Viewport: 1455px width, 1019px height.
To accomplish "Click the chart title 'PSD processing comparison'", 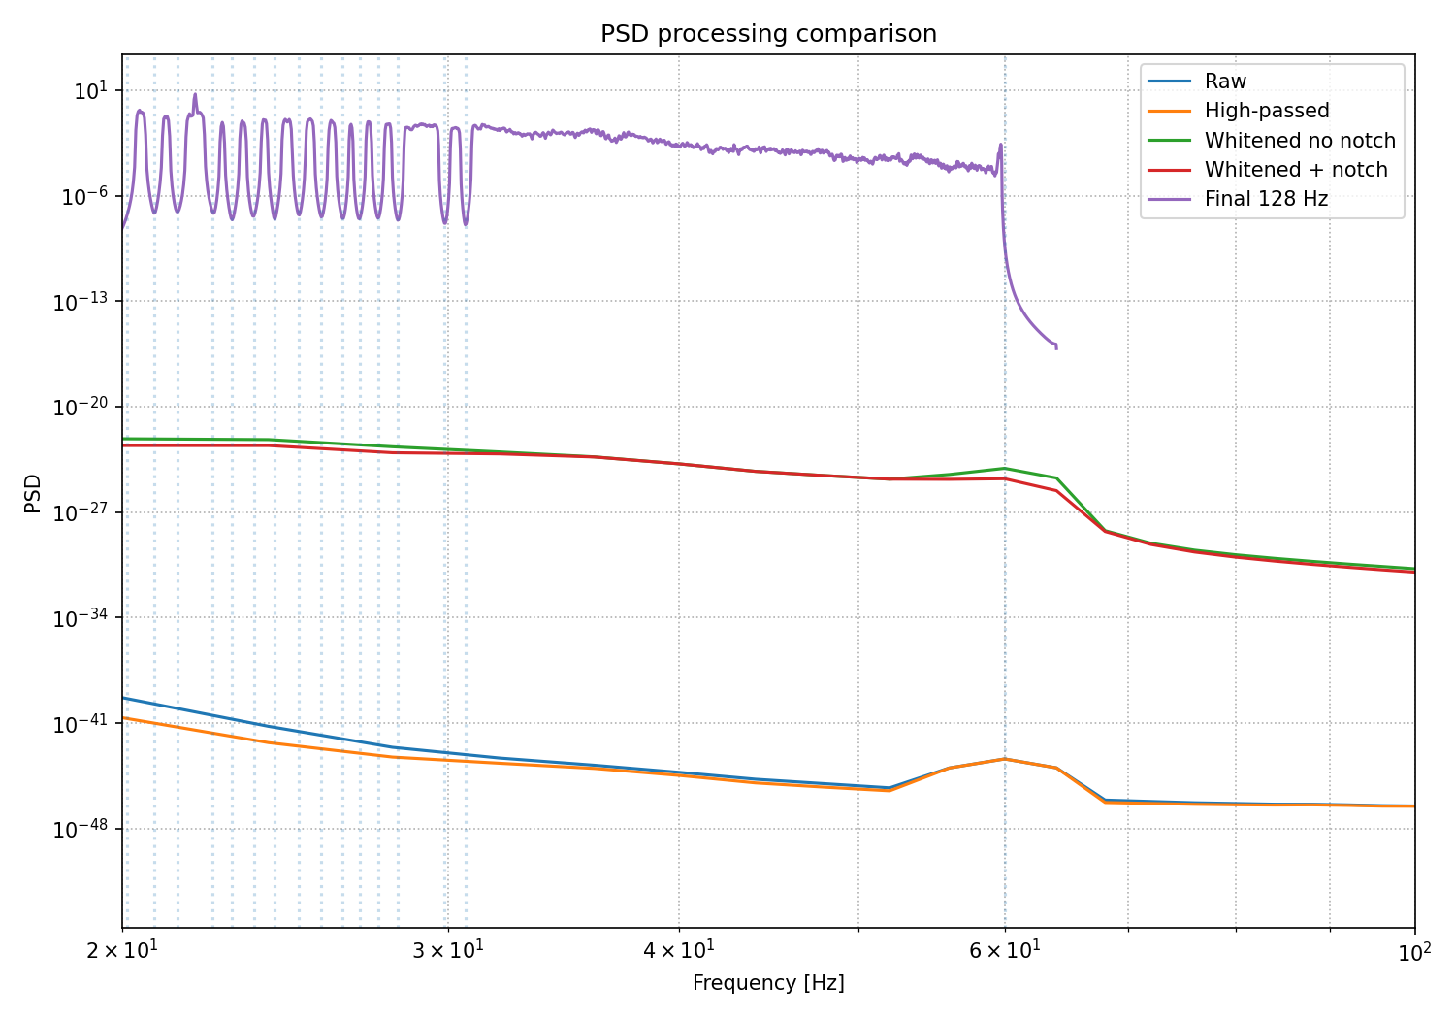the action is (768, 34).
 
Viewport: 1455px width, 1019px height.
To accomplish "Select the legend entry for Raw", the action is (1197, 82).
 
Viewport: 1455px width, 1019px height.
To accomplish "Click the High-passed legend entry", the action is (1239, 111).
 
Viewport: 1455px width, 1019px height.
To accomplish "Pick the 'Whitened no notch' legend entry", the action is (1272, 141).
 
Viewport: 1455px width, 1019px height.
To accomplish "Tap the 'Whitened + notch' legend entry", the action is (1268, 170).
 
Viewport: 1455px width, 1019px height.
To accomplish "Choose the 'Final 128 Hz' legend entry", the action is (1238, 199).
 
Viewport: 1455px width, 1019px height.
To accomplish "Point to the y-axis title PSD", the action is (32, 493).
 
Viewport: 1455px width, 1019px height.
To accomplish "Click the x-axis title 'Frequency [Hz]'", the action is (768, 982).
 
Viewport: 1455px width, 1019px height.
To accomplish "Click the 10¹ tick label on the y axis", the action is (91, 90).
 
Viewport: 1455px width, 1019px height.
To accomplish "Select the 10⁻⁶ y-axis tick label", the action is (84, 196).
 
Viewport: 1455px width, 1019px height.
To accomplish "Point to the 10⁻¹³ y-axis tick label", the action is (81, 302).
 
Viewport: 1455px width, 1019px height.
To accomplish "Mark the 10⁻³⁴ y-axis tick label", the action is (81, 618).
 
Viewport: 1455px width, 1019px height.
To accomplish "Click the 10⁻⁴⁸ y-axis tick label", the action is (81, 829).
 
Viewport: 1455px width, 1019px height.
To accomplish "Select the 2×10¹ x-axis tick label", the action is (122, 951).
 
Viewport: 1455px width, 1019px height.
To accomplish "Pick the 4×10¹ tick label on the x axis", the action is (679, 951).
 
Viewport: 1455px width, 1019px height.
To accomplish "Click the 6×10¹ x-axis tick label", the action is (1005, 951).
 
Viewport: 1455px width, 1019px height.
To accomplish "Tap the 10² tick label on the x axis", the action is (1414, 952).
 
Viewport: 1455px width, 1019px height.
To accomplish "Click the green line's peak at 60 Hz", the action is (1005, 468).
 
